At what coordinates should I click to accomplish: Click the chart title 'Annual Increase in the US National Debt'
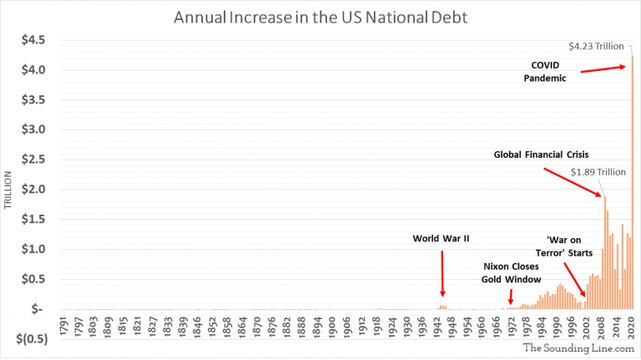(x=320, y=17)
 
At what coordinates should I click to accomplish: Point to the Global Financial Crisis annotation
(x=542, y=155)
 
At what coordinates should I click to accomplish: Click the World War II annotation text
(x=442, y=238)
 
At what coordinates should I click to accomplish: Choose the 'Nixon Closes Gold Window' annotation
(x=512, y=272)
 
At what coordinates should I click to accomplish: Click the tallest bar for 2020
(x=632, y=184)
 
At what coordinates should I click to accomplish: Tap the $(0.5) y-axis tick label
(x=29, y=339)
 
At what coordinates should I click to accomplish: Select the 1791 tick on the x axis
(x=64, y=325)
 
